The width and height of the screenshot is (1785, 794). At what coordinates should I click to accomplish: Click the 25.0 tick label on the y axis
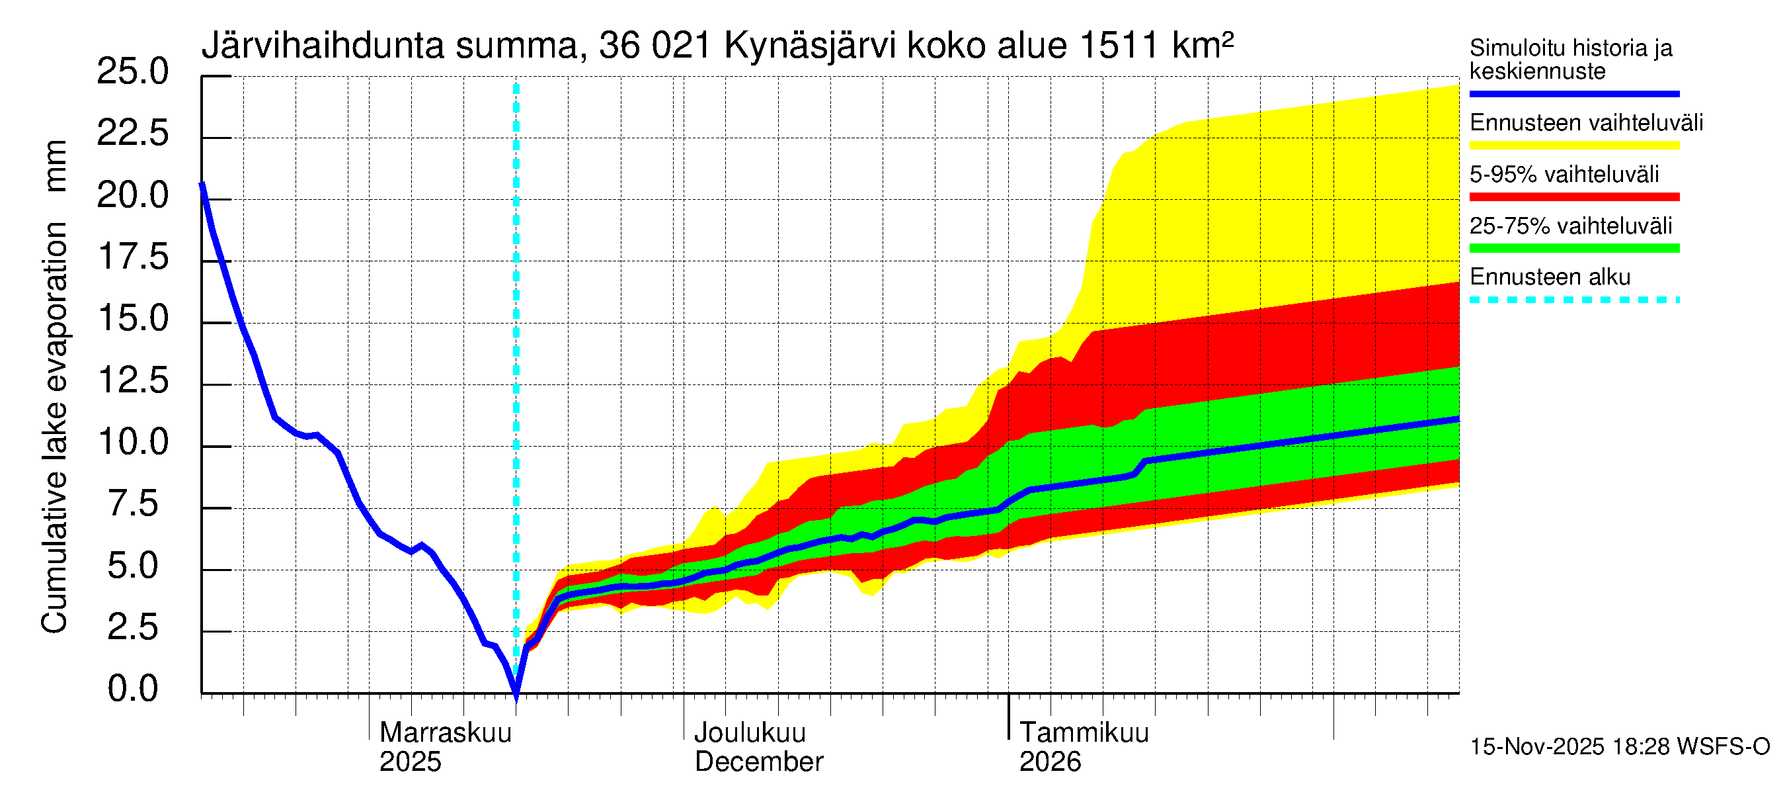pyautogui.click(x=132, y=72)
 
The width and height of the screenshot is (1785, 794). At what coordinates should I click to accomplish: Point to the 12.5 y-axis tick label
pyautogui.click(x=132, y=381)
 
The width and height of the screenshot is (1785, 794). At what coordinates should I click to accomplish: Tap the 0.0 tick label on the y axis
pyautogui.click(x=132, y=690)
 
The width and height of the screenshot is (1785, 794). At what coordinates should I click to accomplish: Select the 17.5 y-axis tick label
pyautogui.click(x=132, y=258)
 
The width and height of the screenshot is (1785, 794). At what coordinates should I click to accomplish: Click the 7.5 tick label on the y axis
pyautogui.click(x=132, y=505)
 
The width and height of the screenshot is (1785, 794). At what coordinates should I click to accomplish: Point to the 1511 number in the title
pyautogui.click(x=1119, y=46)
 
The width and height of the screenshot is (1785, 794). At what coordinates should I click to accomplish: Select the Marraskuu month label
pyautogui.click(x=446, y=733)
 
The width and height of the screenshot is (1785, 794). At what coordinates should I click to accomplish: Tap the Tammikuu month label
pyautogui.click(x=1084, y=733)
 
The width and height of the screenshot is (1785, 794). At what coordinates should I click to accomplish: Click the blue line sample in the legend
pyautogui.click(x=1573, y=93)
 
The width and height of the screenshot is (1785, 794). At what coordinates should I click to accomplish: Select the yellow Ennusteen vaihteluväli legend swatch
pyautogui.click(x=1573, y=146)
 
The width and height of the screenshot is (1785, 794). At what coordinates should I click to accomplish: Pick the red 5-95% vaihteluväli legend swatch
pyautogui.click(x=1573, y=197)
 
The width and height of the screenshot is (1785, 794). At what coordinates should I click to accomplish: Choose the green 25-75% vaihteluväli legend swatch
pyautogui.click(x=1573, y=248)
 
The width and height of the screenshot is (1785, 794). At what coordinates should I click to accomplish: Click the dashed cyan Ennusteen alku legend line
pyautogui.click(x=1573, y=300)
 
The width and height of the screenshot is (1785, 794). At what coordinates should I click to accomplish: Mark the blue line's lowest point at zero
pyautogui.click(x=516, y=691)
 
